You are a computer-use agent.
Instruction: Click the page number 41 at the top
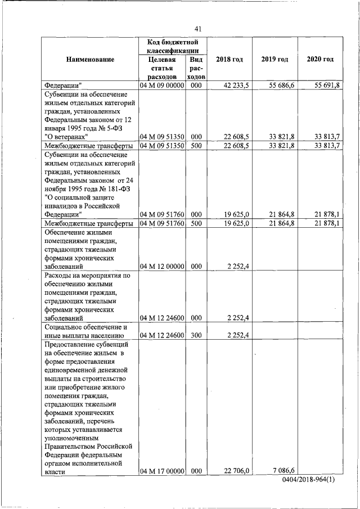pyautogui.click(x=197, y=29)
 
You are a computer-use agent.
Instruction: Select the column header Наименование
pyautogui.click(x=90, y=60)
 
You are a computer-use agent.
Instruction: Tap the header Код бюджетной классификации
pyautogui.click(x=174, y=47)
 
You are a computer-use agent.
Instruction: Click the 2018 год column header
pyautogui.click(x=229, y=60)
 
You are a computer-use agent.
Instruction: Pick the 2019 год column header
pyautogui.click(x=274, y=60)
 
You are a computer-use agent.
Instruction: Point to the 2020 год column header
pyautogui.click(x=320, y=60)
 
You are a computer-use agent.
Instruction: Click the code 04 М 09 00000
pyautogui.click(x=162, y=85)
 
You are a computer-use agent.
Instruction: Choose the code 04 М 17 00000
pyautogui.click(x=162, y=471)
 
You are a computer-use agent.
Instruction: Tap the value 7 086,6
pyautogui.click(x=285, y=471)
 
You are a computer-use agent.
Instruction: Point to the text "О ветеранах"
pyautogui.click(x=66, y=137)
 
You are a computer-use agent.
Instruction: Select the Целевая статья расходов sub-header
pyautogui.click(x=162, y=68)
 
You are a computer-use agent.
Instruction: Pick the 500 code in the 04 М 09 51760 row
pyautogui.click(x=196, y=223)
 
